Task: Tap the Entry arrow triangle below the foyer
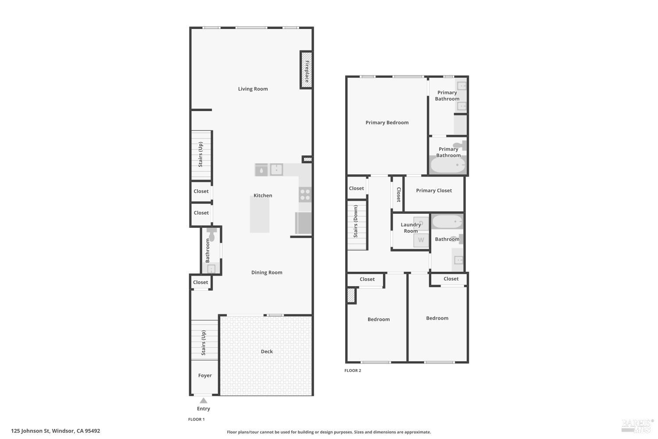(204, 400)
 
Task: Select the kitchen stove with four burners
(305, 194)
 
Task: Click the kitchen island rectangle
(260, 214)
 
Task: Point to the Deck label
(267, 351)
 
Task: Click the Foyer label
(205, 375)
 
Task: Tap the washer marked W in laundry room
(421, 240)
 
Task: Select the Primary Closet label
(434, 191)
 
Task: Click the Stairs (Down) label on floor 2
(356, 221)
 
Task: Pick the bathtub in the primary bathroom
(448, 165)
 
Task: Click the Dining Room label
(267, 273)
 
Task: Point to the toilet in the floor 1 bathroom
(211, 234)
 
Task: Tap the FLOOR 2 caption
(353, 371)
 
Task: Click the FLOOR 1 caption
(196, 419)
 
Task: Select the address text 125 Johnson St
(31, 431)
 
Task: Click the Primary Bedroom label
(387, 122)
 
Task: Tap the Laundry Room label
(411, 228)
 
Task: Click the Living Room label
(253, 89)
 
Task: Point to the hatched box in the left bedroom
(351, 295)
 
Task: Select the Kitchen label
(263, 195)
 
